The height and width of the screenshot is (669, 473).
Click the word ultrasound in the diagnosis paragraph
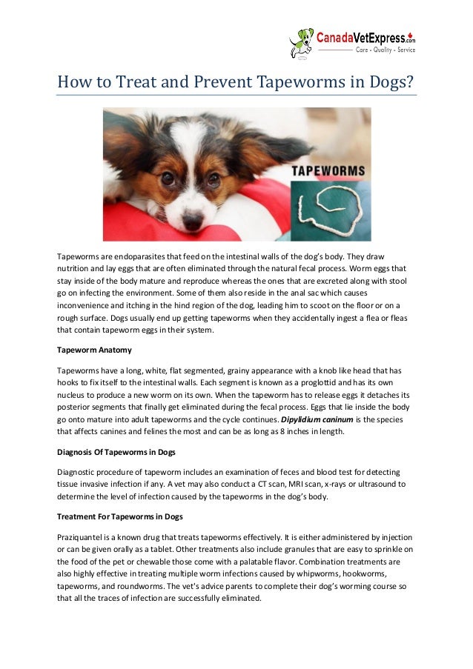click(357, 485)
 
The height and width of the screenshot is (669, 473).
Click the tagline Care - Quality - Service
click(385, 50)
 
